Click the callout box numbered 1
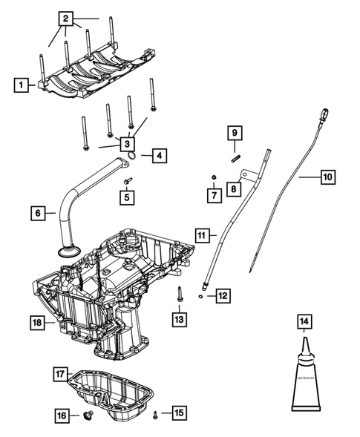pyautogui.click(x=23, y=85)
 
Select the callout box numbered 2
pyautogui.click(x=67, y=17)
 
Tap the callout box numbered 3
pyautogui.click(x=128, y=143)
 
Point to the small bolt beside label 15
pyautogui.click(x=155, y=413)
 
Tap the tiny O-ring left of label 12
pyautogui.click(x=202, y=295)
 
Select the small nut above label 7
pyautogui.click(x=213, y=177)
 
